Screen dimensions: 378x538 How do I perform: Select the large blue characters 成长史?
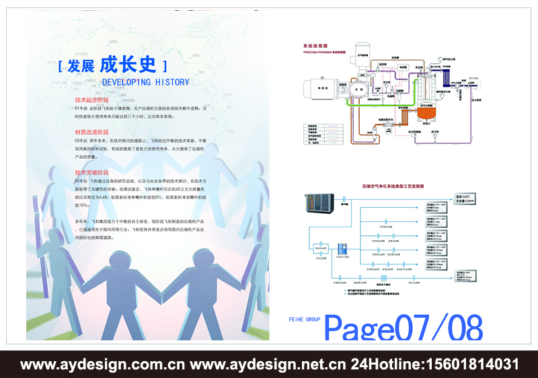[128, 65]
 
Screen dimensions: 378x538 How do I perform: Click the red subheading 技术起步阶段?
[91, 100]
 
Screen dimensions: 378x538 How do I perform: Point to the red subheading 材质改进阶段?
[91, 132]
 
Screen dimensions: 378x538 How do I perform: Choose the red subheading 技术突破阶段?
[91, 173]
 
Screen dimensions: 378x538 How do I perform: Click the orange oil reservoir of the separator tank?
[425, 113]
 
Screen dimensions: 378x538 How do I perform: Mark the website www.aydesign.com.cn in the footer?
[102, 365]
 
